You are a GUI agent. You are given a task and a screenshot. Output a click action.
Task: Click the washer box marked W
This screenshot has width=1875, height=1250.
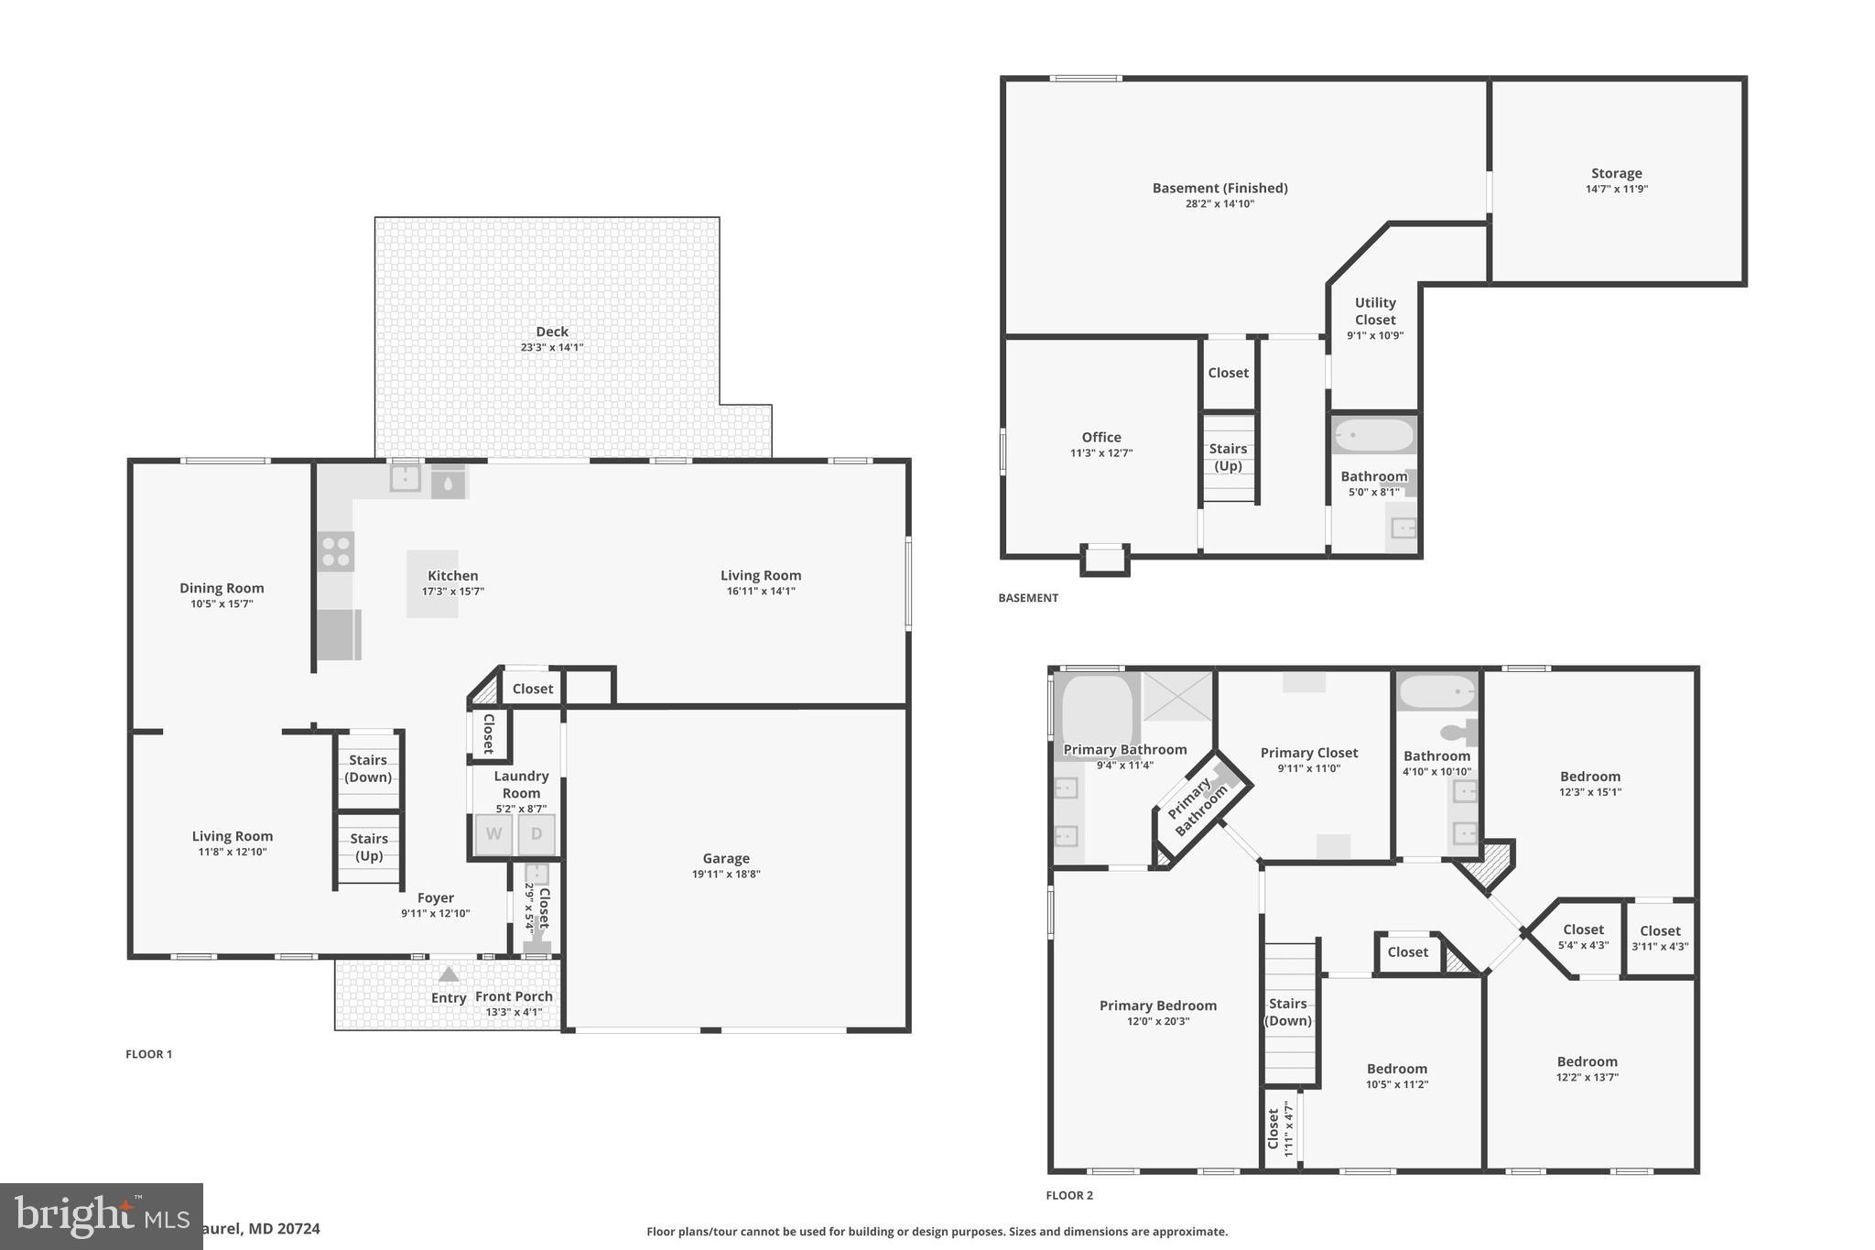pos(493,834)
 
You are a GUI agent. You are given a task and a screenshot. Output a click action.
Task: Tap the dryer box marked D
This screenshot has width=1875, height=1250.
pos(536,834)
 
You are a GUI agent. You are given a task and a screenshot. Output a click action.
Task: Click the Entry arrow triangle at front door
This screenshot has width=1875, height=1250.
pos(449,974)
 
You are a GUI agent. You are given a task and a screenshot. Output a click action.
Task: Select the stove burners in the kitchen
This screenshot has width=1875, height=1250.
pos(336,551)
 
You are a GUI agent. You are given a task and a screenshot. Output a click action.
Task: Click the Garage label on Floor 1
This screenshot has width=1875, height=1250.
pos(726,858)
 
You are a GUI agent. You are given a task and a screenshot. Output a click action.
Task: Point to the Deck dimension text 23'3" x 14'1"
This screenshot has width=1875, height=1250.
pos(551,348)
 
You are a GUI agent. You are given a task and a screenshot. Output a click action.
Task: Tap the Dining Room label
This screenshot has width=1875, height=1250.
pos(222,588)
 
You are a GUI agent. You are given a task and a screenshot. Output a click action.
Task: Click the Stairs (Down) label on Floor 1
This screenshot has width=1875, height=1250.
pos(368,768)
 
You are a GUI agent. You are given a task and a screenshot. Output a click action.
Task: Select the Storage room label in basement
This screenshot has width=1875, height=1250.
pos(1616,173)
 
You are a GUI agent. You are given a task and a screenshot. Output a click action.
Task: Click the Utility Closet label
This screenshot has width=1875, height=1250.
pos(1375,310)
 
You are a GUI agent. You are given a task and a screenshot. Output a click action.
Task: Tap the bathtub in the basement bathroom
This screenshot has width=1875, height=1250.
pos(1373,436)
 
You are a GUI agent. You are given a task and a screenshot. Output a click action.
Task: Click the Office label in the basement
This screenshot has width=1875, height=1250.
pos(1100,437)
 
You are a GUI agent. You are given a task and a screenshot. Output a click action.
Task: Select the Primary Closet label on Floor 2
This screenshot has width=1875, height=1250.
pos(1308,753)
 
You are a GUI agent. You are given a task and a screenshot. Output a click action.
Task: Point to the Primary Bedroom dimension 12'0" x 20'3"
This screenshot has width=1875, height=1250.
pos(1157,1022)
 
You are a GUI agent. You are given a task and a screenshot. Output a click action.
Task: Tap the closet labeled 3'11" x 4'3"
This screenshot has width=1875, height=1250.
pos(1660,938)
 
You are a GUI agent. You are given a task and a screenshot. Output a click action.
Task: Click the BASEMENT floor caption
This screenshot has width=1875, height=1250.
pos(1027,598)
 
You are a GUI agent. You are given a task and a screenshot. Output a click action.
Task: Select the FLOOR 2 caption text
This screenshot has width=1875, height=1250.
pos(1069,1195)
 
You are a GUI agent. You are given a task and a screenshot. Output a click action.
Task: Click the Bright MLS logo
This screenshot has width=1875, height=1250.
pos(101,1216)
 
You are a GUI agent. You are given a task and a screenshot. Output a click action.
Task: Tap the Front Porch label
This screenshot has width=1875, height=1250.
pos(514,996)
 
